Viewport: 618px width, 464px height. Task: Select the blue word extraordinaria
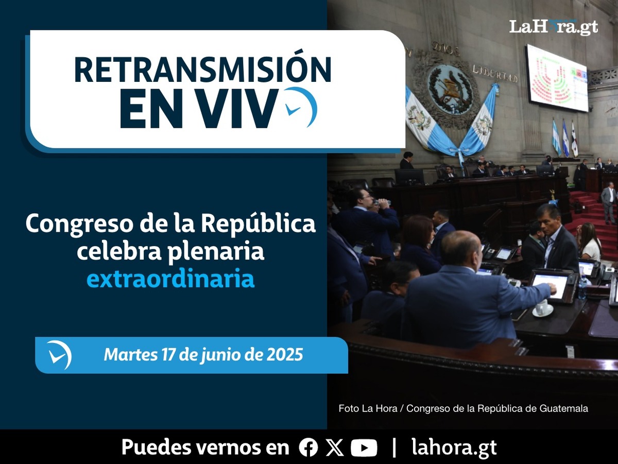click(170, 279)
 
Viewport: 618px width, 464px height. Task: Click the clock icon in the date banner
click(60, 355)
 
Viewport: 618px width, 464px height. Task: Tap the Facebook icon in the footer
click(308, 448)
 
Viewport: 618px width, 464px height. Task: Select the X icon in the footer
click(335, 448)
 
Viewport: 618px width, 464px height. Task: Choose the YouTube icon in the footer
click(364, 448)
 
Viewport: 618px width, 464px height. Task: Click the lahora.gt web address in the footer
click(454, 447)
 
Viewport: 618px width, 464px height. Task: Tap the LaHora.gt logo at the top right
click(554, 27)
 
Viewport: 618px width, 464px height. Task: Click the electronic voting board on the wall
click(557, 77)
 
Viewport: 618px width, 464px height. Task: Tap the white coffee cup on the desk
click(542, 307)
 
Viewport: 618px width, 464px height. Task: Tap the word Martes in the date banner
click(131, 354)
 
